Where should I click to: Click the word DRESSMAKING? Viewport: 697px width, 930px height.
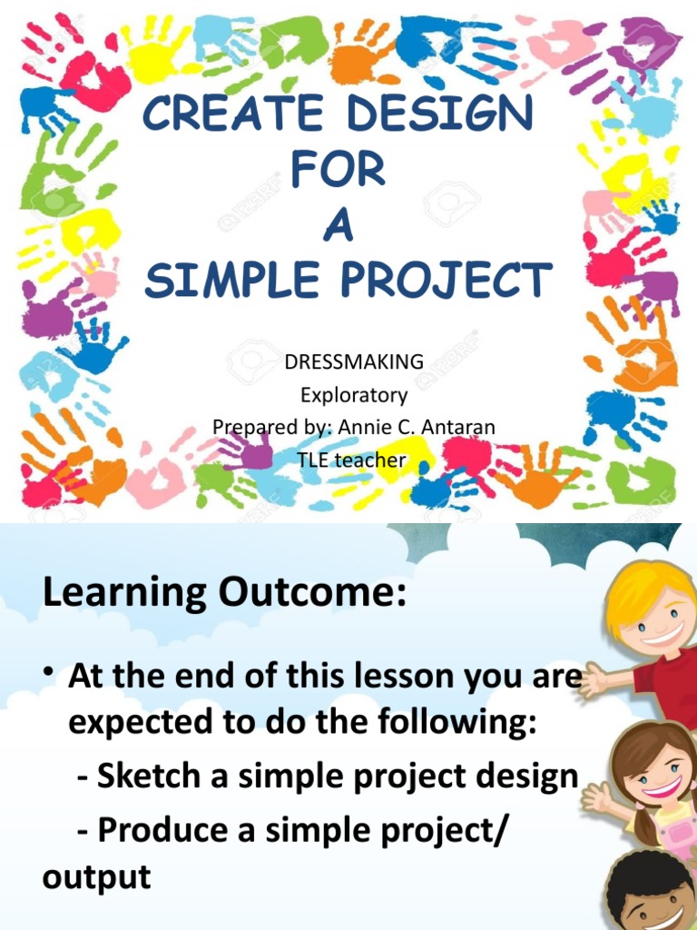tap(354, 361)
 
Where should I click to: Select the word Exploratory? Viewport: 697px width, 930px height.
tap(354, 395)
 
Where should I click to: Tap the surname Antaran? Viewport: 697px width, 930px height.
tap(455, 426)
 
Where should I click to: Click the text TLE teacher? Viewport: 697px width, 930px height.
tap(351, 460)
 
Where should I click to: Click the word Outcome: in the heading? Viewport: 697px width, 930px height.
tap(309, 593)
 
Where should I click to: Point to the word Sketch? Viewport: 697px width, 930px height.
tap(149, 776)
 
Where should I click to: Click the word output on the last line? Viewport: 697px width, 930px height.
tap(95, 877)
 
